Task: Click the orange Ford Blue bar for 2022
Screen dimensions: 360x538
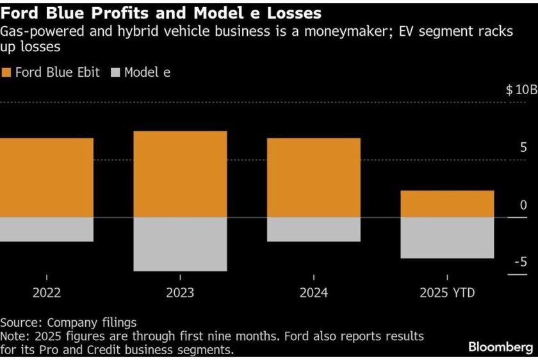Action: [x=46, y=177]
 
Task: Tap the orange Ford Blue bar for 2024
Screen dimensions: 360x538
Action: [x=313, y=177]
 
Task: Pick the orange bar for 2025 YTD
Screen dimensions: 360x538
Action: [x=447, y=204]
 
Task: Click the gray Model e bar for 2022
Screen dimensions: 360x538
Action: [x=46, y=229]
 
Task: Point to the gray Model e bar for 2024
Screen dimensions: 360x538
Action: [x=313, y=229]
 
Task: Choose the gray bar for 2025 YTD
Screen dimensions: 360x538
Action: [x=447, y=238]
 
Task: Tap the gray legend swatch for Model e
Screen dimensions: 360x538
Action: [x=116, y=72]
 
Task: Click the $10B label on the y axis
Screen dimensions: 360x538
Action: [x=521, y=90]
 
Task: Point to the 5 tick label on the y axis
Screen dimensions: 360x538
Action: [x=523, y=147]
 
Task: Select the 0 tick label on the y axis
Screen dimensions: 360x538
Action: [x=523, y=205]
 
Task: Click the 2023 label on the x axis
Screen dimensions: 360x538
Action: [x=180, y=293]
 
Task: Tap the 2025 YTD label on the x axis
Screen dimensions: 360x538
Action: [x=447, y=293]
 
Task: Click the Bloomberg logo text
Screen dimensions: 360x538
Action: [x=500, y=347]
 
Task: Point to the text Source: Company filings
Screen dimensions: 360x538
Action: [x=69, y=322]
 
